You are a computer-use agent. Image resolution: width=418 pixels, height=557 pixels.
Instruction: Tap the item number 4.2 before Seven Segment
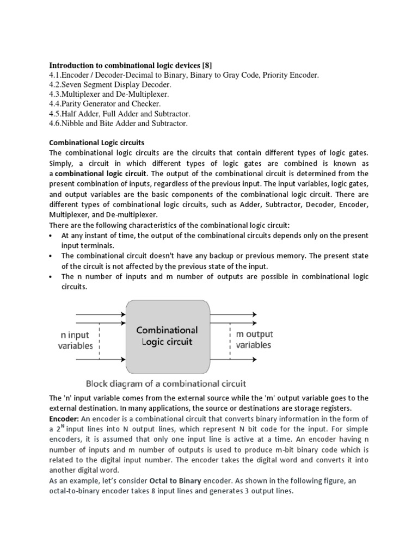click(55, 85)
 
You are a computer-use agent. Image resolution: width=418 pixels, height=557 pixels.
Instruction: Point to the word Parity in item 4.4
click(75, 104)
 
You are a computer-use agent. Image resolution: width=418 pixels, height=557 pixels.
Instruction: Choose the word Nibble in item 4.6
click(76, 123)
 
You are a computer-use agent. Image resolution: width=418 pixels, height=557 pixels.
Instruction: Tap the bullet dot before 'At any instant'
click(51, 236)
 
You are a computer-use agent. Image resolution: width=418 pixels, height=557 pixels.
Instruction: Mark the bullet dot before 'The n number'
click(51, 277)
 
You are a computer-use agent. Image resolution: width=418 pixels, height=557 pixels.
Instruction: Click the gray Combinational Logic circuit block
click(167, 336)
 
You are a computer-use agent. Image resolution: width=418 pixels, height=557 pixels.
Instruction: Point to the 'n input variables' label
click(76, 340)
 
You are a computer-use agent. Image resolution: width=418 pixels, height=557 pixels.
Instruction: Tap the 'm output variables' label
click(254, 339)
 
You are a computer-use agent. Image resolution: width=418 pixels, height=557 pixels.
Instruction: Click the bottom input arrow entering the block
click(100, 360)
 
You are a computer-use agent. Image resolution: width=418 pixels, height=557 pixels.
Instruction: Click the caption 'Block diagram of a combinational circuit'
click(166, 382)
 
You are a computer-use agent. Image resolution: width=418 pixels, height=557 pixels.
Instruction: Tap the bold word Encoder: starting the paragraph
click(64, 418)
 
